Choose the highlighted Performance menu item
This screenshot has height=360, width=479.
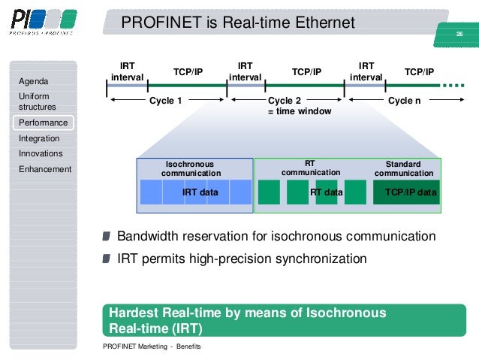click(44, 123)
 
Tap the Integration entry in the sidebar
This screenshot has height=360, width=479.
click(39, 138)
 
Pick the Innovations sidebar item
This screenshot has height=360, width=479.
click(41, 153)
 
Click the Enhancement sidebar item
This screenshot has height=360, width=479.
click(45, 169)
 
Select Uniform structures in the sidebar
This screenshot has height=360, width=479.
click(38, 101)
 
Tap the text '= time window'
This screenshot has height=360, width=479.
click(299, 111)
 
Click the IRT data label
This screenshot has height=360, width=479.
click(200, 192)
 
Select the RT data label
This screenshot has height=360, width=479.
click(326, 192)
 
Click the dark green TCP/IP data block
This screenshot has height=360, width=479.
click(410, 192)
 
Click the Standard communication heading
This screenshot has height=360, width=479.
click(403, 168)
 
